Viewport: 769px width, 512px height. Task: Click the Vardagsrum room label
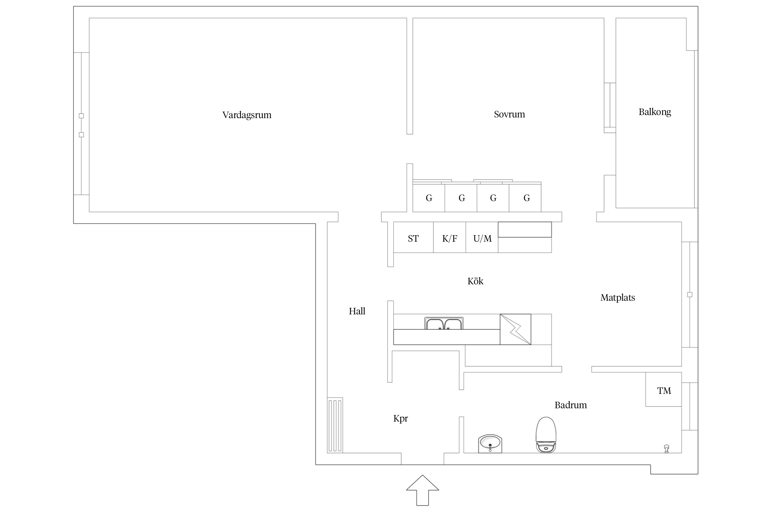click(247, 115)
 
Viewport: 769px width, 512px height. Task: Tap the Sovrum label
click(509, 114)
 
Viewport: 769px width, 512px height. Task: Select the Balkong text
click(655, 112)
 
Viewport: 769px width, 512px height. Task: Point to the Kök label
click(475, 281)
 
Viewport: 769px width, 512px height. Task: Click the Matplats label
click(618, 298)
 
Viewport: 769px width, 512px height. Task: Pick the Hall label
click(357, 311)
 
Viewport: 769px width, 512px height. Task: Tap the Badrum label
click(571, 405)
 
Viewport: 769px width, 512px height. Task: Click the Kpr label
click(401, 418)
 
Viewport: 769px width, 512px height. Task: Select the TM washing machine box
click(664, 389)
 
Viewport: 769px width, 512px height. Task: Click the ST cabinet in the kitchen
click(414, 238)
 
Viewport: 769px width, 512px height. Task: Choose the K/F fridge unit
click(450, 238)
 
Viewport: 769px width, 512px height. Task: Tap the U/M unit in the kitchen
click(482, 238)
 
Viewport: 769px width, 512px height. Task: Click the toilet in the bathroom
click(546, 435)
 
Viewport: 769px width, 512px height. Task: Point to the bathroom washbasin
click(490, 444)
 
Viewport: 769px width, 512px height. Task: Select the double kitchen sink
click(444, 324)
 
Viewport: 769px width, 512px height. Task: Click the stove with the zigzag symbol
click(515, 329)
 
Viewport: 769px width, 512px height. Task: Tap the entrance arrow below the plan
click(422, 490)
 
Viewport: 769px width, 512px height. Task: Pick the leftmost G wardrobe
click(429, 198)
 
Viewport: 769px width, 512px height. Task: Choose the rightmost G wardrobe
click(525, 198)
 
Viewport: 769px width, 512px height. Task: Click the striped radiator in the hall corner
click(335, 425)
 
